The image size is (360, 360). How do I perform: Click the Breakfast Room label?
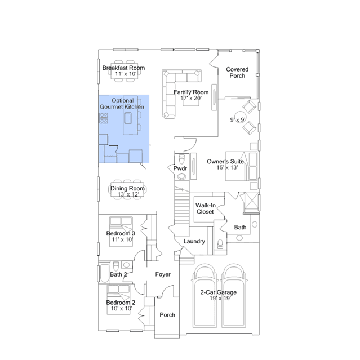coord(123,68)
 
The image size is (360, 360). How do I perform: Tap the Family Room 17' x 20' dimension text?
coord(191,98)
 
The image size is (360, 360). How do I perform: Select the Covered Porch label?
coord(237,73)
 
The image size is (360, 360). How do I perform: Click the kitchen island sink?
coord(128,118)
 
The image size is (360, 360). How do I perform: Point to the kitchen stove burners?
coord(104,118)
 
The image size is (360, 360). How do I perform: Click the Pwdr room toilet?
coord(182,159)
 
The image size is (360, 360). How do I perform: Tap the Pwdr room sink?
coord(182,176)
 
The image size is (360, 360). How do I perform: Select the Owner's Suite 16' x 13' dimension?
coord(227,167)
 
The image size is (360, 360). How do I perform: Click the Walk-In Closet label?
coord(205,208)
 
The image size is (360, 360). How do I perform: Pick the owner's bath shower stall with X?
coord(251,202)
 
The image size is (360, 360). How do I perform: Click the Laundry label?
coord(194,241)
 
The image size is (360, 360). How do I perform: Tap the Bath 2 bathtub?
coord(105,273)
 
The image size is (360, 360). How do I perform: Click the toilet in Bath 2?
coord(116,266)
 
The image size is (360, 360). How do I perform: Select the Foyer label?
coord(163,274)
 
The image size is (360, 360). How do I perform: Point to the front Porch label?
coord(167,315)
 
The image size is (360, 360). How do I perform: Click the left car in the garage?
coord(205,296)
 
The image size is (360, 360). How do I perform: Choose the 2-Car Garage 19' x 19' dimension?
coord(220,298)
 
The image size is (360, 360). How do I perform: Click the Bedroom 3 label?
coord(121,233)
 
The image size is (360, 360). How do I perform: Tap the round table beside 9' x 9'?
coord(240,117)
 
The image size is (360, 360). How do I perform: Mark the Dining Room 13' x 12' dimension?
coord(128,194)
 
